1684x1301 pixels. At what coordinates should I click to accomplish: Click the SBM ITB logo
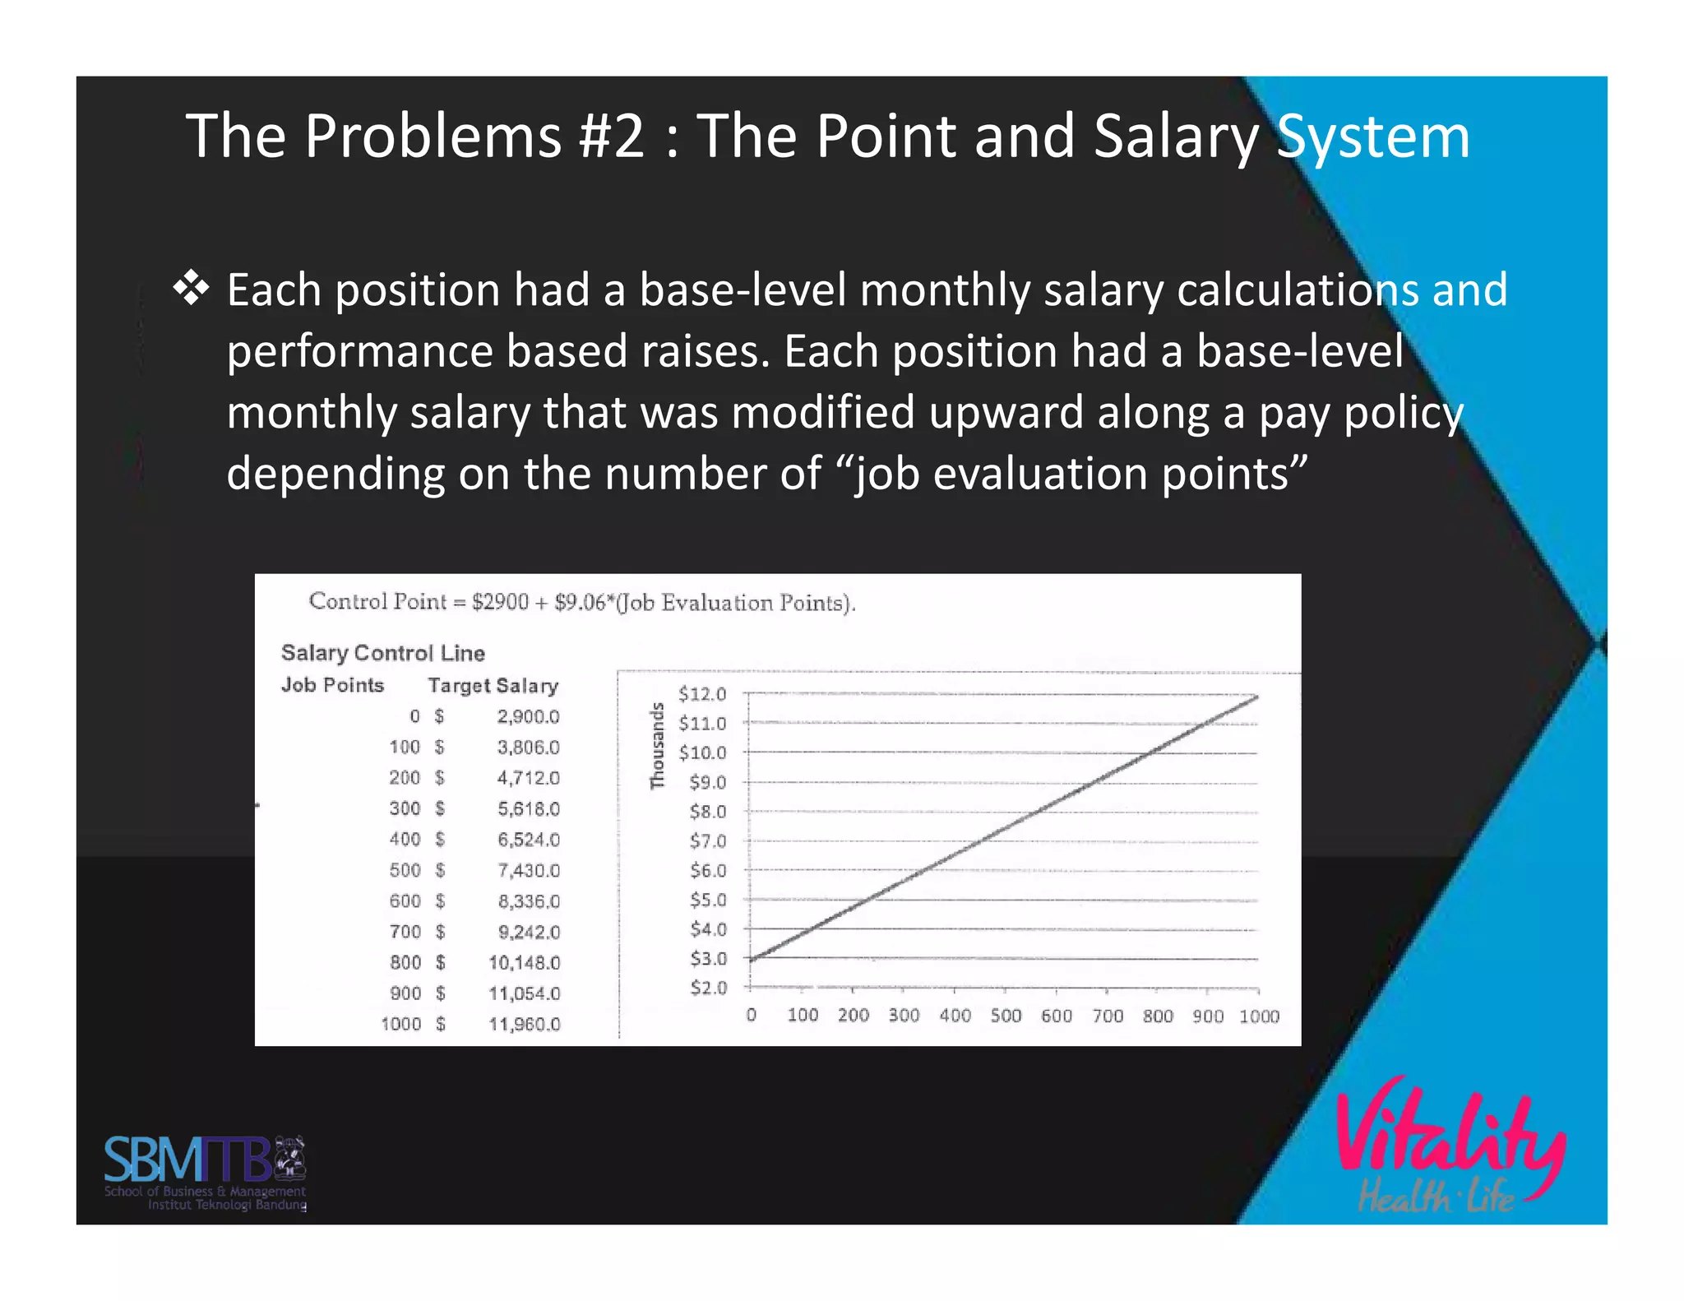205,1172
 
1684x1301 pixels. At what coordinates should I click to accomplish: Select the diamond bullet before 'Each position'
191,289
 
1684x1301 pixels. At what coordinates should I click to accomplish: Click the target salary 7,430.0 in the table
528,870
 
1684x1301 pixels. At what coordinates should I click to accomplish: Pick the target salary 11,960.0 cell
524,1024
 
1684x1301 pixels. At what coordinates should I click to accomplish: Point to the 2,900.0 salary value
528,716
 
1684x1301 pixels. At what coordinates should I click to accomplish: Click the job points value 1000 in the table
400,1024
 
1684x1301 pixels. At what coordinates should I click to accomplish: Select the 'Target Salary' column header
493,685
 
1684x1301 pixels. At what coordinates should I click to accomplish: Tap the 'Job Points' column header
332,685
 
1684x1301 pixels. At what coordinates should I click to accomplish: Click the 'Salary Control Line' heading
383,653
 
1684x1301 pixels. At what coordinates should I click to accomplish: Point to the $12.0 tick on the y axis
702,694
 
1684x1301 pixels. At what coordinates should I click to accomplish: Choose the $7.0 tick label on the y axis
707,840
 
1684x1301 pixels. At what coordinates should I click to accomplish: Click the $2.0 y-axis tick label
708,987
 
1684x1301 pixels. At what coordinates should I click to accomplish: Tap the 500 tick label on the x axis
1006,1016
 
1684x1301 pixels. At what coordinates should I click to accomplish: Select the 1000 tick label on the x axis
1259,1016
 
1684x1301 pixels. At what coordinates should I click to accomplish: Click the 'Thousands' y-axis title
657,745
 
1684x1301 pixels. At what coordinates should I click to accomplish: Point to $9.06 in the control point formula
580,603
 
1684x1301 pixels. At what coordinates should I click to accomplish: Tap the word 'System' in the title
1372,137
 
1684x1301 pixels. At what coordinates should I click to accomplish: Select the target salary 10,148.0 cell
524,962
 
